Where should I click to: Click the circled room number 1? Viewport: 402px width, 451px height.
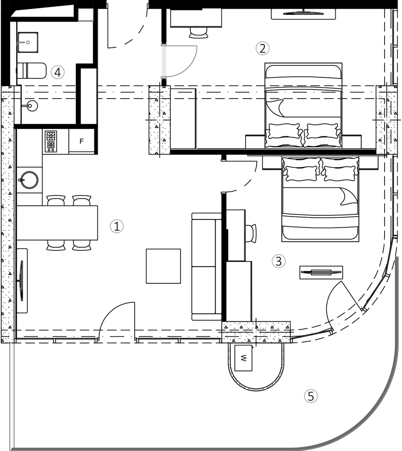pyautogui.click(x=117, y=226)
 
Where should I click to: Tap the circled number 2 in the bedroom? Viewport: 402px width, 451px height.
pyautogui.click(x=262, y=48)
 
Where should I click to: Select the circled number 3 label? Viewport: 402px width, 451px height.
pyautogui.click(x=278, y=261)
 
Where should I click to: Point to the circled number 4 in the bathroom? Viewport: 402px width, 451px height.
pyautogui.click(x=58, y=72)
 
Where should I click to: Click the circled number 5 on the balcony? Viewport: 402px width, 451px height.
pyautogui.click(x=311, y=396)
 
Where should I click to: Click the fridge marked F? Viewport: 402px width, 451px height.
pyautogui.click(x=81, y=142)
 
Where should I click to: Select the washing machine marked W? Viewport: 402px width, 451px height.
pyautogui.click(x=244, y=358)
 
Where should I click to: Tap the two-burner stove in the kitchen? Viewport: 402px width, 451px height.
pyautogui.click(x=51, y=141)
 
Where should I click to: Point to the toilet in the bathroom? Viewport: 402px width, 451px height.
pyautogui.click(x=31, y=70)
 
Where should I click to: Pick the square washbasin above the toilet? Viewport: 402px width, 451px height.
pyautogui.click(x=28, y=42)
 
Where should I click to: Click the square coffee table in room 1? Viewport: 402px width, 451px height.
pyautogui.click(x=163, y=266)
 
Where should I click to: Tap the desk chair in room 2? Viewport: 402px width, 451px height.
pyautogui.click(x=199, y=32)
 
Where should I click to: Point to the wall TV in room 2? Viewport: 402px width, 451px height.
pyautogui.click(x=303, y=14)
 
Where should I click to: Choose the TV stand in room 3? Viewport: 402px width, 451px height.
pyautogui.click(x=321, y=272)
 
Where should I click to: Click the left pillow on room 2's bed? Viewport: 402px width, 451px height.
pyautogui.click(x=284, y=131)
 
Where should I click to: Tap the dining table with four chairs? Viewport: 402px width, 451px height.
pyautogui.click(x=57, y=223)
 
